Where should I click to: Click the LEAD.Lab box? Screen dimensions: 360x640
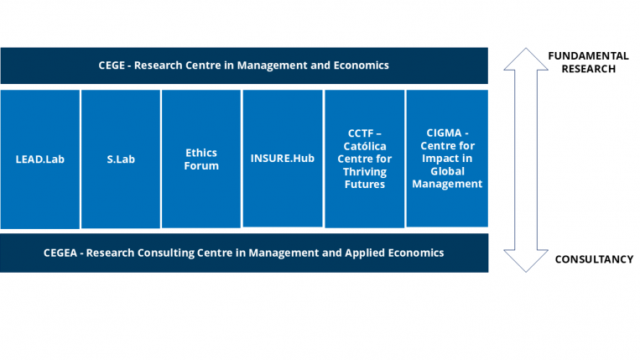[x=40, y=158]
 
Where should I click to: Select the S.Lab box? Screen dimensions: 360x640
[x=121, y=158]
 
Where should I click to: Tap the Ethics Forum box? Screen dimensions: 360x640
[x=201, y=159]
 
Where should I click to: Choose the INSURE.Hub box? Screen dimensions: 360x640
[x=283, y=158]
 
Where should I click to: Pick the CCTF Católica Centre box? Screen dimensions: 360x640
[x=364, y=158]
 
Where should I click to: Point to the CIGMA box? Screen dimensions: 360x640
[x=447, y=158]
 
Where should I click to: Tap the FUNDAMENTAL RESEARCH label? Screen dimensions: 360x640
[x=588, y=62]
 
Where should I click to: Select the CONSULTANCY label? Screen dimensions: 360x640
[x=593, y=259]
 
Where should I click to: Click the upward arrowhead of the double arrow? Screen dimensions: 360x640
[x=525, y=59]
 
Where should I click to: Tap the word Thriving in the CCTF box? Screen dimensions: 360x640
[x=364, y=171]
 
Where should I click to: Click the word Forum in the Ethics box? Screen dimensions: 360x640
[x=201, y=165]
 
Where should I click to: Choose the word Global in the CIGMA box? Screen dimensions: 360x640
[x=447, y=171]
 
